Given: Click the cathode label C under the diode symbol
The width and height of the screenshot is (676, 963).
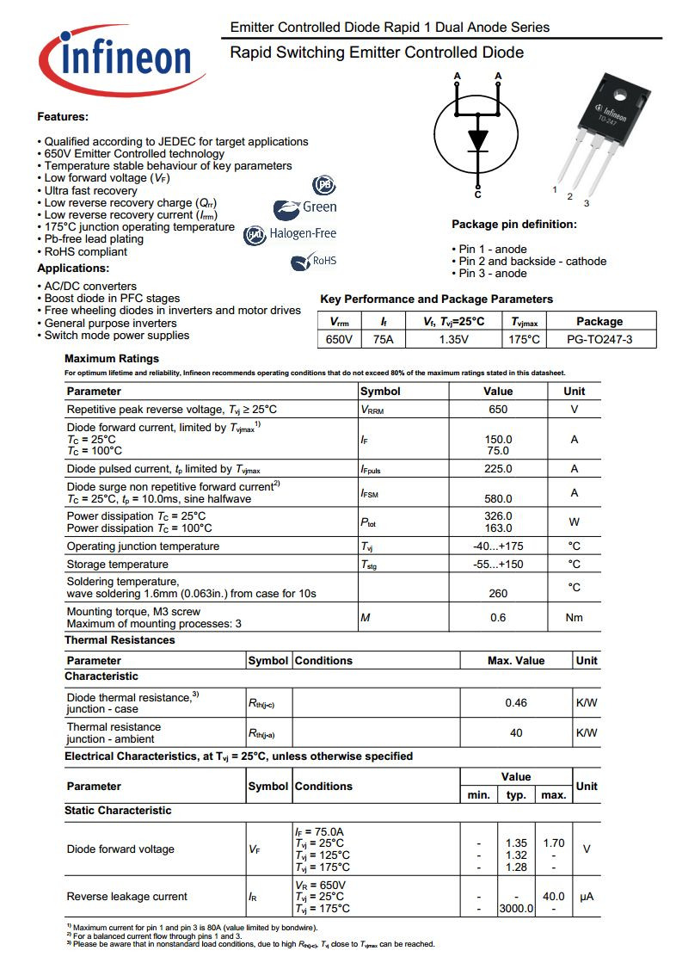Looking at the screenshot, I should [477, 194].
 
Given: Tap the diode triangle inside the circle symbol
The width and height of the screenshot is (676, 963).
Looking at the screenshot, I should [477, 139].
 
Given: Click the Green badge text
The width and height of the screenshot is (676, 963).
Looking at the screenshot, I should [319, 207].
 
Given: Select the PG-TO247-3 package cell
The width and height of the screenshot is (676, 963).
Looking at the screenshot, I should [599, 339].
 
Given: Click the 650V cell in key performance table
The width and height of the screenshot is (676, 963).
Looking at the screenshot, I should [340, 339].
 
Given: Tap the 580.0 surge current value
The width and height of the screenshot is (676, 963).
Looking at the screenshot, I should [498, 498].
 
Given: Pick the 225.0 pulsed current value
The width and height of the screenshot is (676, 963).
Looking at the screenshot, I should [498, 469].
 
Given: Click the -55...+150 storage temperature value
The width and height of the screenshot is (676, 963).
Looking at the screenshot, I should [498, 565].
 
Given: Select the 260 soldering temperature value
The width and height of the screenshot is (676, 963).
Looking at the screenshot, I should [498, 593].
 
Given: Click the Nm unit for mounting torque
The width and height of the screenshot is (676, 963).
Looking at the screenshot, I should [574, 617].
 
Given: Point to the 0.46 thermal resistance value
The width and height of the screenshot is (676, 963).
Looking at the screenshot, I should [516, 703].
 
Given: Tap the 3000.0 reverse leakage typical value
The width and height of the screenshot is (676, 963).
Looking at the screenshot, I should [516, 909].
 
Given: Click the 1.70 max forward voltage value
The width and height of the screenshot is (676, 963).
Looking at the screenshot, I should [554, 843].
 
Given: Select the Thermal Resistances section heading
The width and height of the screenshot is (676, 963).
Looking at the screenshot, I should [120, 640].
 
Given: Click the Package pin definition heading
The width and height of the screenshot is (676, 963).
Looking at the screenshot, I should [514, 225].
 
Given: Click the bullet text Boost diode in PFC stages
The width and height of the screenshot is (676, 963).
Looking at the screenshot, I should [112, 299].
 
